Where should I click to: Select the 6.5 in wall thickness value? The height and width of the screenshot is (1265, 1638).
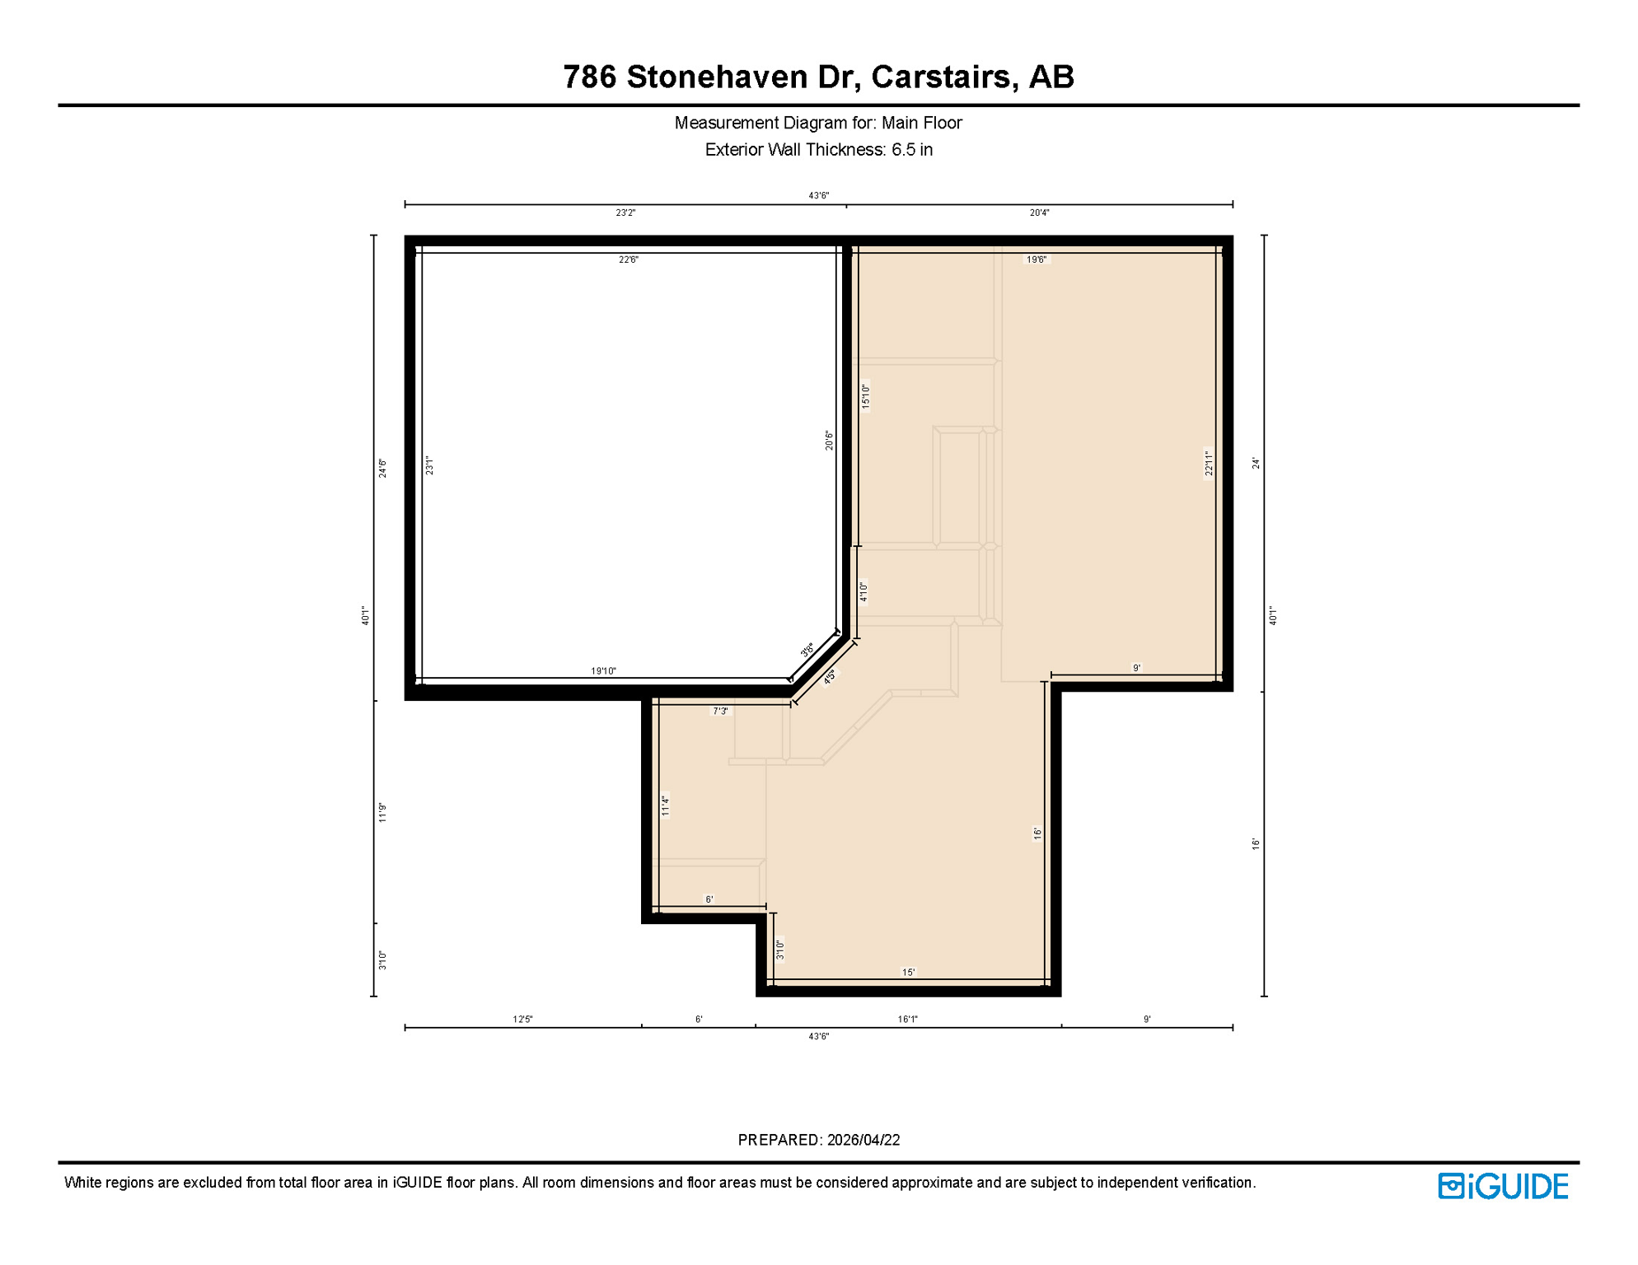(x=911, y=150)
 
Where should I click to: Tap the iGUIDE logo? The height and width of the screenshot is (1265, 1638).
(x=1503, y=1186)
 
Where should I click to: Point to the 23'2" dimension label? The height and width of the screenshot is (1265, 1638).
(x=625, y=213)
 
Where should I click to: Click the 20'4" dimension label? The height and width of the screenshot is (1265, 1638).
(x=1039, y=213)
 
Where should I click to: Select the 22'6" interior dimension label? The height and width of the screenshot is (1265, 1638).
(x=628, y=260)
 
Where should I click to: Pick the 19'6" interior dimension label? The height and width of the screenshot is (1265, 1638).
(x=1036, y=260)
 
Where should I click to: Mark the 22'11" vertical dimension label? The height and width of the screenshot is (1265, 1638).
(x=1209, y=463)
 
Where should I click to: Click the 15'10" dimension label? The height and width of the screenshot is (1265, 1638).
(x=865, y=396)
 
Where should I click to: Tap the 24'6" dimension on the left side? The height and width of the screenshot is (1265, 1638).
(x=382, y=469)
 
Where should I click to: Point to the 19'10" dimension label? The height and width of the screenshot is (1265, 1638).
(x=603, y=671)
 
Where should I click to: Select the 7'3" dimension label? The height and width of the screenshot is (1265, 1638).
(x=720, y=711)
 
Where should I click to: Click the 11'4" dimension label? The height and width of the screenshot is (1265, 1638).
(x=665, y=805)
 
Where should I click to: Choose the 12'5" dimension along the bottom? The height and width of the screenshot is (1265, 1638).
(x=522, y=1020)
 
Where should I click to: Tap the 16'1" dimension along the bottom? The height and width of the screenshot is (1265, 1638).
(x=907, y=1020)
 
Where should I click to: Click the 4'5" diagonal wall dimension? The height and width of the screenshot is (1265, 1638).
(x=830, y=677)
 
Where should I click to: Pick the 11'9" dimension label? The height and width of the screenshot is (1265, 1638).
(x=382, y=813)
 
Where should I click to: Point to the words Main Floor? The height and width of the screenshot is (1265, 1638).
(x=921, y=124)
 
